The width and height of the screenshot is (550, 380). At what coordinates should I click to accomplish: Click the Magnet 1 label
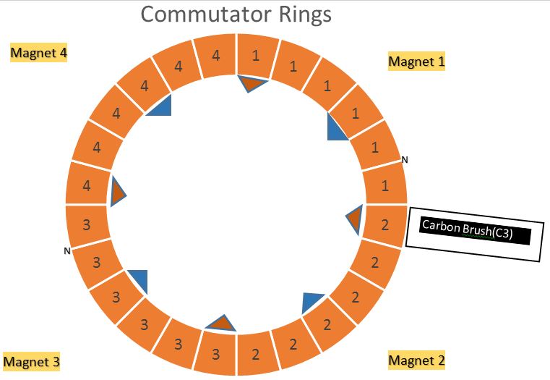point(416,62)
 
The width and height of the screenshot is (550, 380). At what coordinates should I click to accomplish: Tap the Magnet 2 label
point(416,360)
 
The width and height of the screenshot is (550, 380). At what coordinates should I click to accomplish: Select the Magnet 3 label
point(31,362)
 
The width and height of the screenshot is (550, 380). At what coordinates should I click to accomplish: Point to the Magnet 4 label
point(38,53)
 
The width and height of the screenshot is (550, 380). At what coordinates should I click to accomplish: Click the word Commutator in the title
point(206,14)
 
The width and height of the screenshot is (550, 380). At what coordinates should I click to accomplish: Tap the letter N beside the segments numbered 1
point(405,160)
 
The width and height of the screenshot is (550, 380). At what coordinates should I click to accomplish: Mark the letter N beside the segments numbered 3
point(67,251)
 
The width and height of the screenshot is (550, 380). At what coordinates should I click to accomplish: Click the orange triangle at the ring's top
point(252,83)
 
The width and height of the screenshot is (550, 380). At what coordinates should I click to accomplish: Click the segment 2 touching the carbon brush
point(384,225)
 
